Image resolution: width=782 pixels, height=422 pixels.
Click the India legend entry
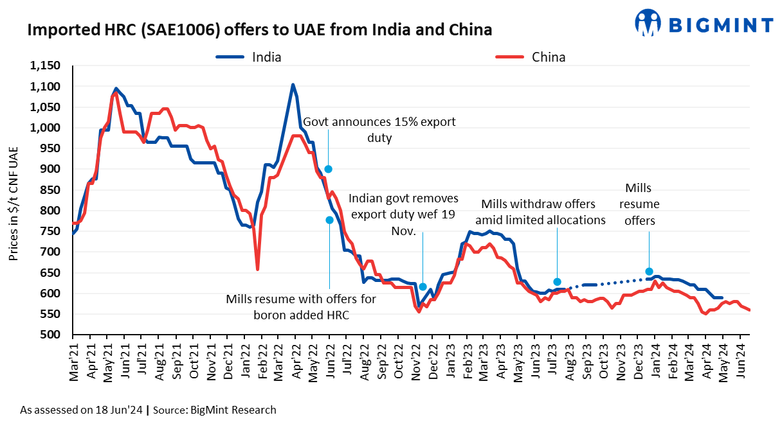coord(266,57)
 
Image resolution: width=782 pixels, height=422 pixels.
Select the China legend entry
coord(549,57)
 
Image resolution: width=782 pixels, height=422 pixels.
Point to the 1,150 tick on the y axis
coord(46,66)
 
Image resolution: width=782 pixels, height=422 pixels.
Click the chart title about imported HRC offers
coord(259,30)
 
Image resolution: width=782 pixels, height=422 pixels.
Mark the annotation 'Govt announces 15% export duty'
coord(379,130)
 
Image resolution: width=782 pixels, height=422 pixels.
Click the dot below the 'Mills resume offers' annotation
coord(649,272)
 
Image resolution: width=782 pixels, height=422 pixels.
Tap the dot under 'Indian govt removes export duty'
coord(423,287)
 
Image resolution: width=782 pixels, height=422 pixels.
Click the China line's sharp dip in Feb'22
coord(257,269)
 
